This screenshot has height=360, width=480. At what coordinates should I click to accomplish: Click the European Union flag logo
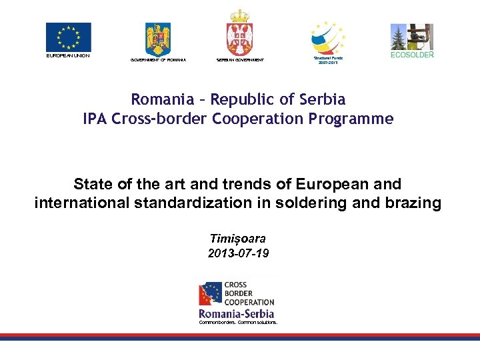pos(68,37)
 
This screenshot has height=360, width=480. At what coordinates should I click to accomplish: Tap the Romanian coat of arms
pos(158,39)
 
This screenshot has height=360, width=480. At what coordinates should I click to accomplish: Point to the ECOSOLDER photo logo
pos(411,37)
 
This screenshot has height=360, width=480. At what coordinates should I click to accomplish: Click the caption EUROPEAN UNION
pos(68,55)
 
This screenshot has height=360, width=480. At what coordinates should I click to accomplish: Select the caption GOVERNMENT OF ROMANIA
pos(158,60)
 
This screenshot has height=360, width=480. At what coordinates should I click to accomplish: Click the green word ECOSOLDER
pos(411,55)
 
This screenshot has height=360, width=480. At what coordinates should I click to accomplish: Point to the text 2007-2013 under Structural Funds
pos(328,63)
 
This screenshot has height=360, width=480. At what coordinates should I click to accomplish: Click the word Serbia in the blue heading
pos(322,100)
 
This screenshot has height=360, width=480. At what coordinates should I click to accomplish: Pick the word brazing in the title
pos(413,203)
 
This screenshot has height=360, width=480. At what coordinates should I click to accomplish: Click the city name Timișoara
pos(238,239)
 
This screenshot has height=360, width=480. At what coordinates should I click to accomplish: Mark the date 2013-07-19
pos(238,253)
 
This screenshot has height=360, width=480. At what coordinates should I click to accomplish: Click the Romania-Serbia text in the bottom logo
pos(237,313)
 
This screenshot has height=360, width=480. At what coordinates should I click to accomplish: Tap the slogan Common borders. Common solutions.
pos(238,323)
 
